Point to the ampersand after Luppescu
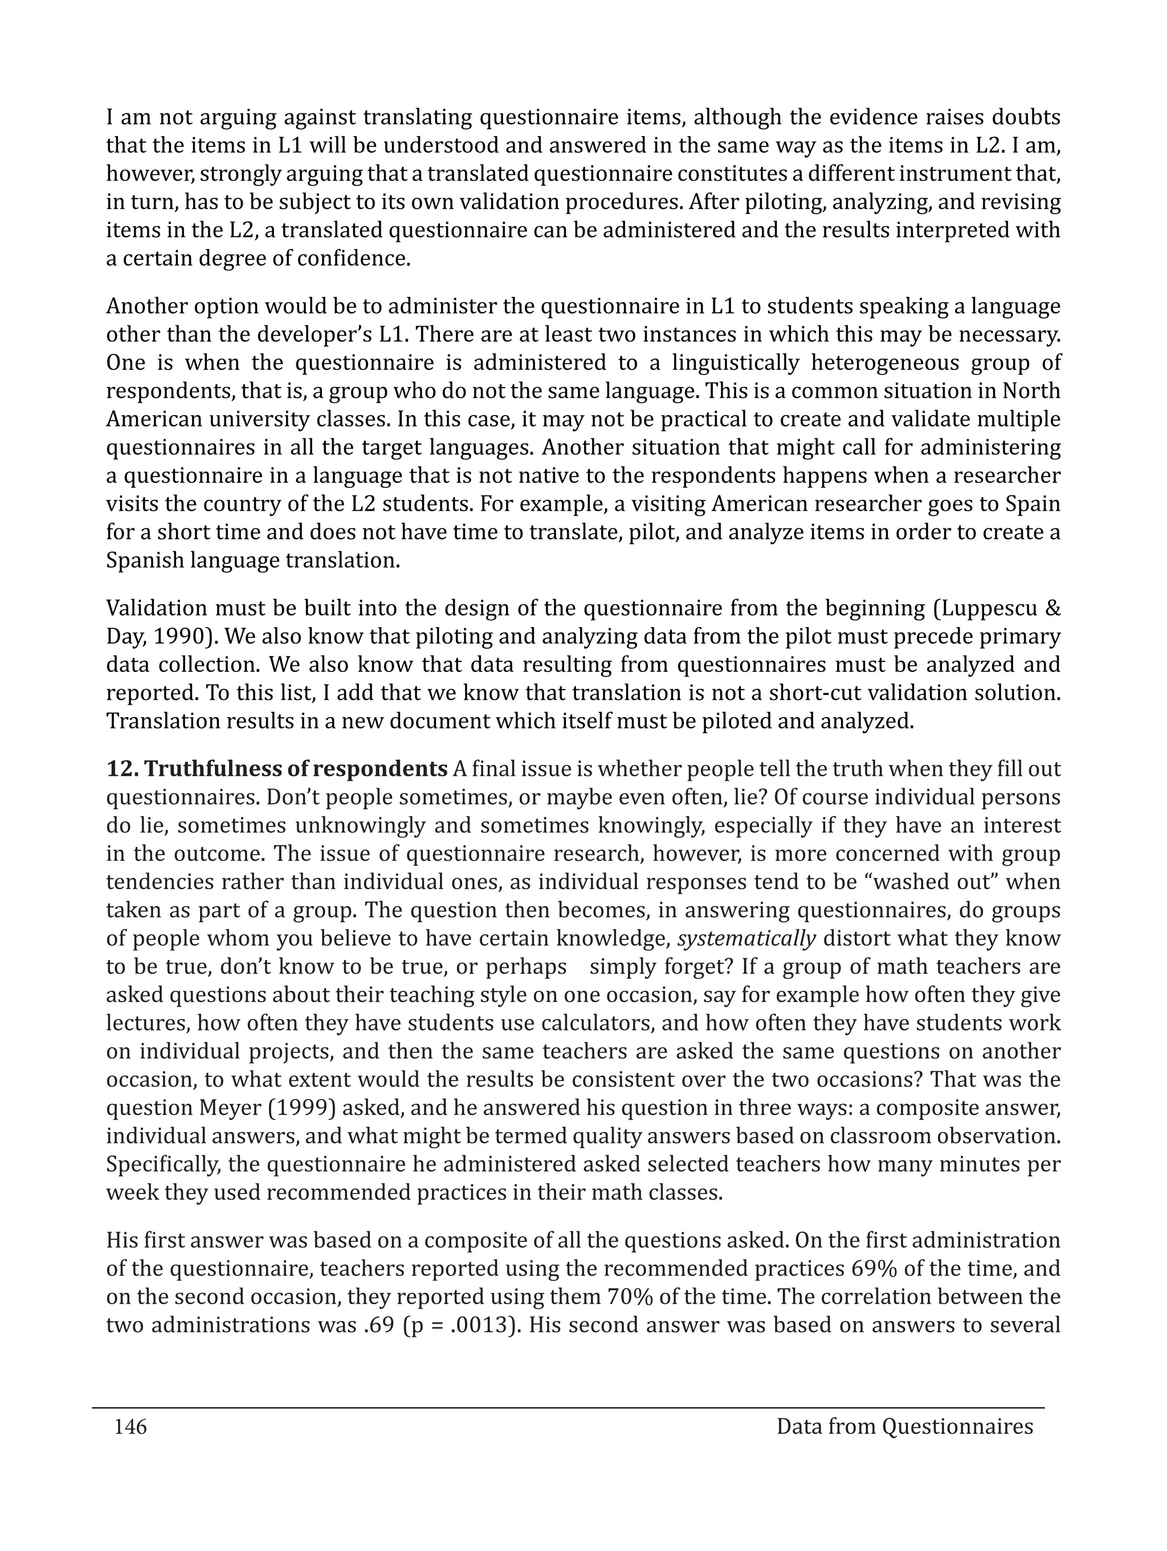[1052, 609]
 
